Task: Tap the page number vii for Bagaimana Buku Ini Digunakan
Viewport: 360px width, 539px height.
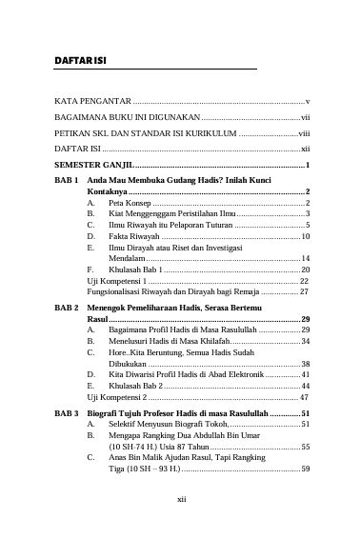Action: click(x=306, y=115)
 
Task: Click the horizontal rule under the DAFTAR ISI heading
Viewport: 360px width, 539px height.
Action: click(x=155, y=70)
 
